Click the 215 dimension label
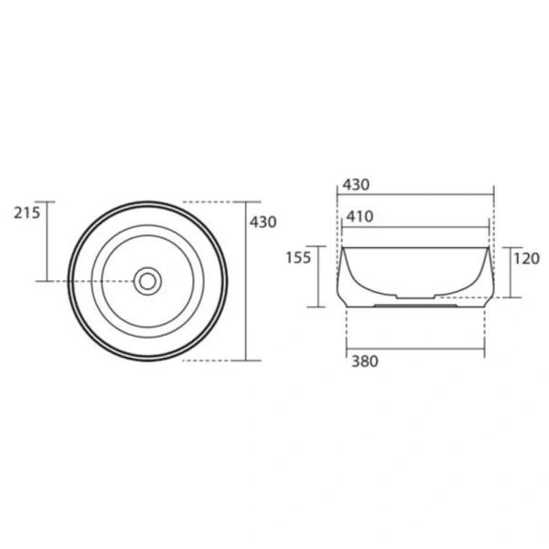pos(27,212)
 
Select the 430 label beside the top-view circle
pos(263,222)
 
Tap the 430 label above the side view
pos(356,185)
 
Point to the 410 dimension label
pos(360,217)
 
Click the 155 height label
pos(298,258)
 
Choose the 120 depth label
pos(527,259)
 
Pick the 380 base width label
pos(365,361)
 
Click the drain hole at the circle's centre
pos(147,281)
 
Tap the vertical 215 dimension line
pos(47,242)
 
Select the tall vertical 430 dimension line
pos(246,281)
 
